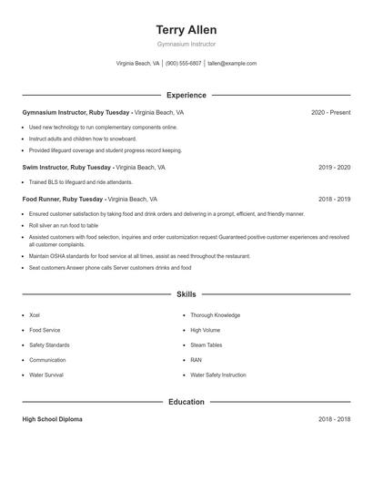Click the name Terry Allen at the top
click(x=186, y=29)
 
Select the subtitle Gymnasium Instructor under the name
click(x=186, y=44)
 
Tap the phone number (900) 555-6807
click(x=183, y=64)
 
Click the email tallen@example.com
click(x=232, y=64)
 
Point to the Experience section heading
click(x=186, y=95)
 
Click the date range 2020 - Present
click(x=330, y=112)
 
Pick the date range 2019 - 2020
click(x=334, y=168)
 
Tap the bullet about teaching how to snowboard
click(x=83, y=139)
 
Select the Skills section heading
click(x=186, y=294)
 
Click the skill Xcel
click(x=35, y=315)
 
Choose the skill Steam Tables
click(x=206, y=344)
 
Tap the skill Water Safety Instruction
click(x=218, y=375)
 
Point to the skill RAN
click(x=196, y=360)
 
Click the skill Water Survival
click(x=46, y=375)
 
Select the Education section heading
click(x=186, y=402)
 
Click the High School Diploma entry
click(x=52, y=419)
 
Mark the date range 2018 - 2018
click(x=334, y=419)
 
